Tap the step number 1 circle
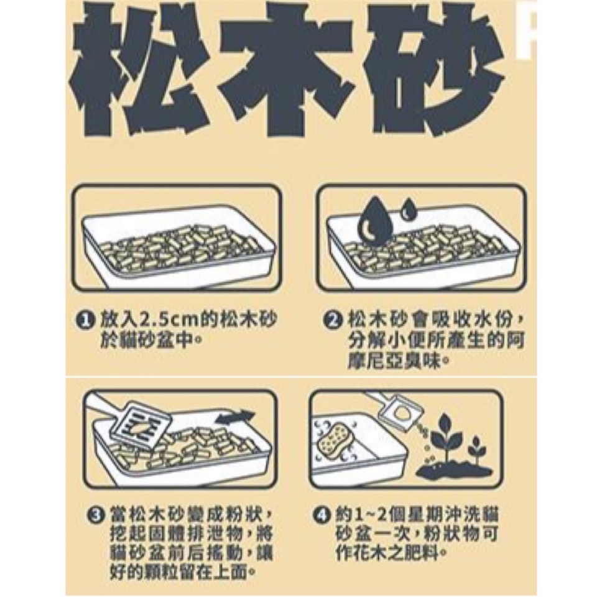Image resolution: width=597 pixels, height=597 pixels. click(85, 320)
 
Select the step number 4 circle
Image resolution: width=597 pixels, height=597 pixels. click(321, 516)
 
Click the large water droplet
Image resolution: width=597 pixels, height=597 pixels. click(374, 221)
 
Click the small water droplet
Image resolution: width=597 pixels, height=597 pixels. click(407, 209)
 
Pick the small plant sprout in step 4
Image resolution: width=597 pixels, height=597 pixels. click(476, 449)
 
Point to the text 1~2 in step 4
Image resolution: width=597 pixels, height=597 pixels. click(367, 516)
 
